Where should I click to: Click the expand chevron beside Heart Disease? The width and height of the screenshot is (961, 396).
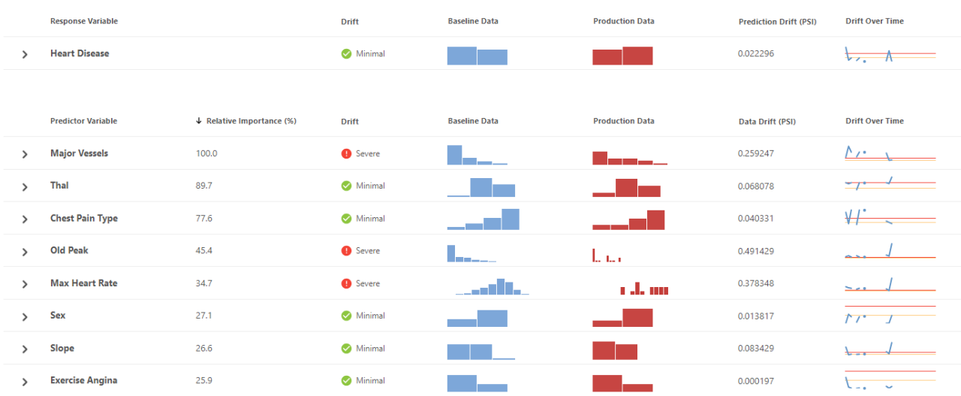(25, 54)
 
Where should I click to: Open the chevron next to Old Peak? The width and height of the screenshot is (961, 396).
(25, 251)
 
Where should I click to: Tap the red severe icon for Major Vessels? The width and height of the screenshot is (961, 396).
(346, 153)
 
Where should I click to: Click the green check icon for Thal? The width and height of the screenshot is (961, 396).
(346, 186)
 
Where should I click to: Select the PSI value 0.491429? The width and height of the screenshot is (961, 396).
(756, 251)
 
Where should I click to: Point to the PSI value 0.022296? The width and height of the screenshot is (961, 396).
(756, 54)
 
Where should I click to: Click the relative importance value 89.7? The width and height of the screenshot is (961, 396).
(204, 186)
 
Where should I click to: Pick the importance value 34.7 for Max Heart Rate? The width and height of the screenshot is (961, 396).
(204, 283)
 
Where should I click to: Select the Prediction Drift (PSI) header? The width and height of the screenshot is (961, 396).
(777, 22)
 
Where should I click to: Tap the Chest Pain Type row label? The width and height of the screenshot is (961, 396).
(84, 219)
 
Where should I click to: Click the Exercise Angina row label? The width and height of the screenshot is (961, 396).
(84, 381)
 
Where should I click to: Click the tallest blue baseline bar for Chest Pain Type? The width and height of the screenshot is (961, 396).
(511, 219)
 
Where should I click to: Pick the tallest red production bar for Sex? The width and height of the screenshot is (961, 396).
(637, 318)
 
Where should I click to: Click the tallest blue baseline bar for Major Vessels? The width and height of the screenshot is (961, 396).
(454, 155)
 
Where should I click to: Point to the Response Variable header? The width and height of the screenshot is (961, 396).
(84, 21)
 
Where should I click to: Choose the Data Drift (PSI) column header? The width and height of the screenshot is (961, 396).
(767, 121)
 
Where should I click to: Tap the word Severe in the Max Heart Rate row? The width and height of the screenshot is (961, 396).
(368, 283)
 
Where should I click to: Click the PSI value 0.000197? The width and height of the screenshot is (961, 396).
(756, 381)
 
